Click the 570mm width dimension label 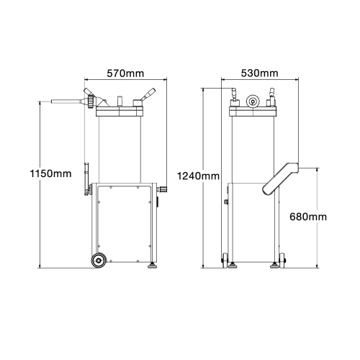click(x=125, y=73)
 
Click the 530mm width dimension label click(x=259, y=73)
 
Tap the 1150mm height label click(x=50, y=174)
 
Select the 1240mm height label click(x=198, y=176)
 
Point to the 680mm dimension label click(x=308, y=217)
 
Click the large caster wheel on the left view click(x=99, y=260)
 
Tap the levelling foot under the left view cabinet click(x=152, y=265)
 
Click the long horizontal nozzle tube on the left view click(x=66, y=102)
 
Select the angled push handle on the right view click(x=280, y=179)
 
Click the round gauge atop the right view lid click(x=253, y=102)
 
